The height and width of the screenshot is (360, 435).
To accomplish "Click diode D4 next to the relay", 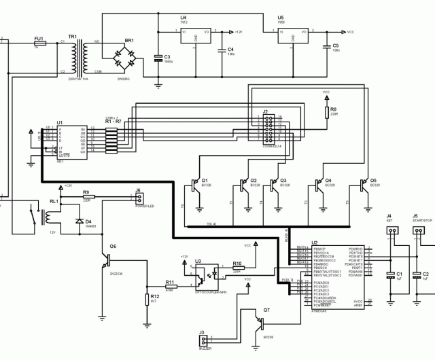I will coord(79,221).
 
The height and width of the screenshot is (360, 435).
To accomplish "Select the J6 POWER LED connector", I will coord(139,198).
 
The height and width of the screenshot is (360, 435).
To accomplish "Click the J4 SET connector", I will coord(391,231).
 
